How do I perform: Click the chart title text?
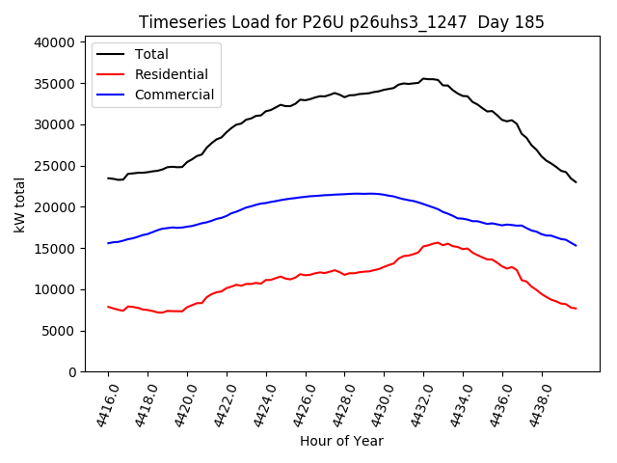click(341, 22)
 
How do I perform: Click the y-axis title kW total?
click(19, 205)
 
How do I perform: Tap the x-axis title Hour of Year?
click(341, 441)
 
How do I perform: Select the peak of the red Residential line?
click(438, 242)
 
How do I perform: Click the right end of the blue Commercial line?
click(576, 245)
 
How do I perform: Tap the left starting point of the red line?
click(108, 307)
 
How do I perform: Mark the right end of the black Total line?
click(576, 182)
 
